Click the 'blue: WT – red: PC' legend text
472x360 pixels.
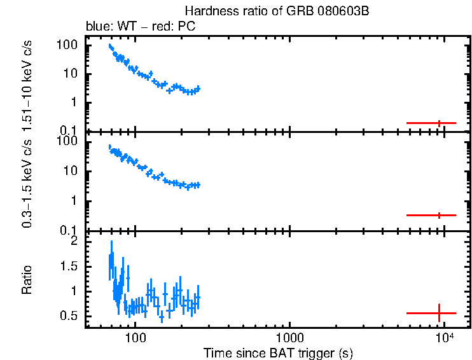click(141, 27)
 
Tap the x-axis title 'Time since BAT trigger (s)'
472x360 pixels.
click(278, 352)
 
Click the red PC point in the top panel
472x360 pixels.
click(439, 123)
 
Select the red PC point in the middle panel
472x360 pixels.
click(439, 216)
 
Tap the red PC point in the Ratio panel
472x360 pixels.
click(439, 313)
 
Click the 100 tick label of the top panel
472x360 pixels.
click(67, 46)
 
